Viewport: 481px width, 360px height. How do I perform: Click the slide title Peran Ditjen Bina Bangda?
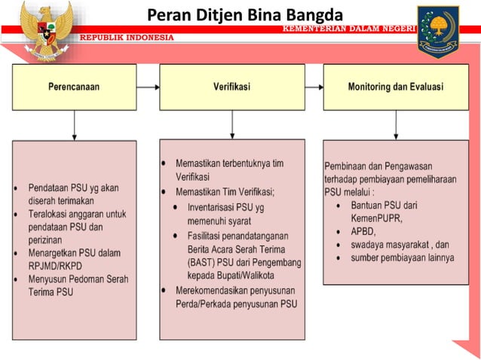(244, 14)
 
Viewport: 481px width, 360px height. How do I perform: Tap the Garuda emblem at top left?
(46, 30)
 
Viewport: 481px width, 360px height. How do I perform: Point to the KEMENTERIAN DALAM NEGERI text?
(348, 28)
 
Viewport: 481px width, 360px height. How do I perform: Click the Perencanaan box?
(74, 87)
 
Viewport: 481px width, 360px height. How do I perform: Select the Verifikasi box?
(233, 87)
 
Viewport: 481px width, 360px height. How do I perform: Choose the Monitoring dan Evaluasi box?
(395, 87)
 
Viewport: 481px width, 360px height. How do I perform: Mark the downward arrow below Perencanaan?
(74, 124)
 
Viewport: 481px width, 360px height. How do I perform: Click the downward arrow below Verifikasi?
(233, 124)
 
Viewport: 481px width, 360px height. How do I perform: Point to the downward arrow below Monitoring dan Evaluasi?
(395, 124)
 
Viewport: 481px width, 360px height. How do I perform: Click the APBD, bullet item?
(363, 231)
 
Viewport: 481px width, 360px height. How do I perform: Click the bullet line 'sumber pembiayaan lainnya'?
(402, 258)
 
